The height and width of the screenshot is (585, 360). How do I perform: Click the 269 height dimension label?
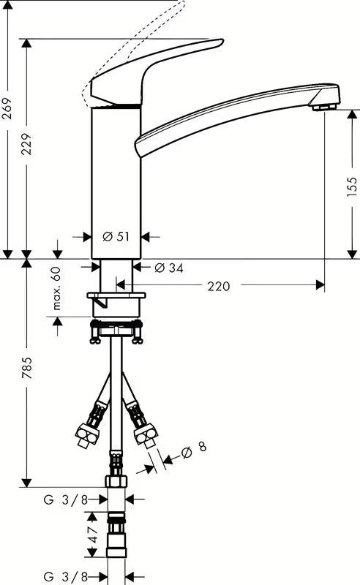click(7, 108)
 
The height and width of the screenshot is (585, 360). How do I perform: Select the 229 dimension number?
click(26, 144)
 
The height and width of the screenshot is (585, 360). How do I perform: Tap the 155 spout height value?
click(352, 186)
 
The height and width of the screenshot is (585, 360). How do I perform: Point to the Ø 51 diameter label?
click(116, 236)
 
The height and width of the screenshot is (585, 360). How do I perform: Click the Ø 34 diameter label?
click(169, 268)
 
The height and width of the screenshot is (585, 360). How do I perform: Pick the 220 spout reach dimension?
click(219, 286)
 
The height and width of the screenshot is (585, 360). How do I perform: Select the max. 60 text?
click(56, 289)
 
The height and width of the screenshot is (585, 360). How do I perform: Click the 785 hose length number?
click(26, 368)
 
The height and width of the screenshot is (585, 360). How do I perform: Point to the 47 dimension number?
click(93, 535)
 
